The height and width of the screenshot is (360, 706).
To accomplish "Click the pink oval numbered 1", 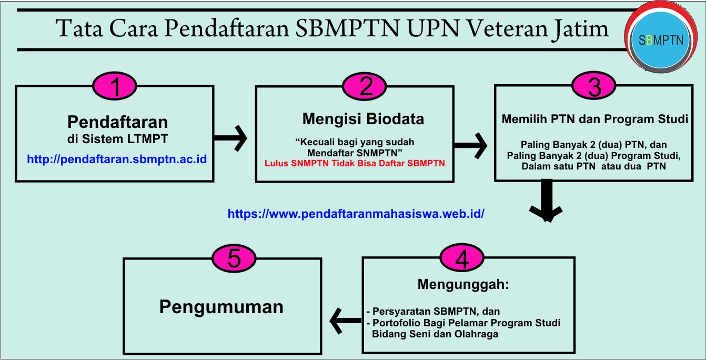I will click(115, 86).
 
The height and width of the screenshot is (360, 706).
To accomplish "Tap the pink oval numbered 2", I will click(365, 86).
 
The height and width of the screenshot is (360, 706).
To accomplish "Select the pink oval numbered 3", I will click(594, 86).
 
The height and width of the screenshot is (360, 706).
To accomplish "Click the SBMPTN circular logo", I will click(663, 41).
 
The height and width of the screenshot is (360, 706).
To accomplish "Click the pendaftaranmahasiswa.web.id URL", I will click(356, 214).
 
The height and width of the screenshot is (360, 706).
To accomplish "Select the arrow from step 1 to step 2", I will click(230, 138).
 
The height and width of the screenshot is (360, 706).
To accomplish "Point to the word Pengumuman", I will click(221, 306).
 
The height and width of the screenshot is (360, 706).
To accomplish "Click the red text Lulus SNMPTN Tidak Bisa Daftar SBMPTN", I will click(355, 163).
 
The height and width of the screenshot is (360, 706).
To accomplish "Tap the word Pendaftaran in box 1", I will click(118, 122).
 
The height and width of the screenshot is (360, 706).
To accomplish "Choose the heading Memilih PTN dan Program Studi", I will click(594, 119).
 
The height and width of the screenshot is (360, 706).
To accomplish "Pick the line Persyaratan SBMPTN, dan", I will click(436, 312).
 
